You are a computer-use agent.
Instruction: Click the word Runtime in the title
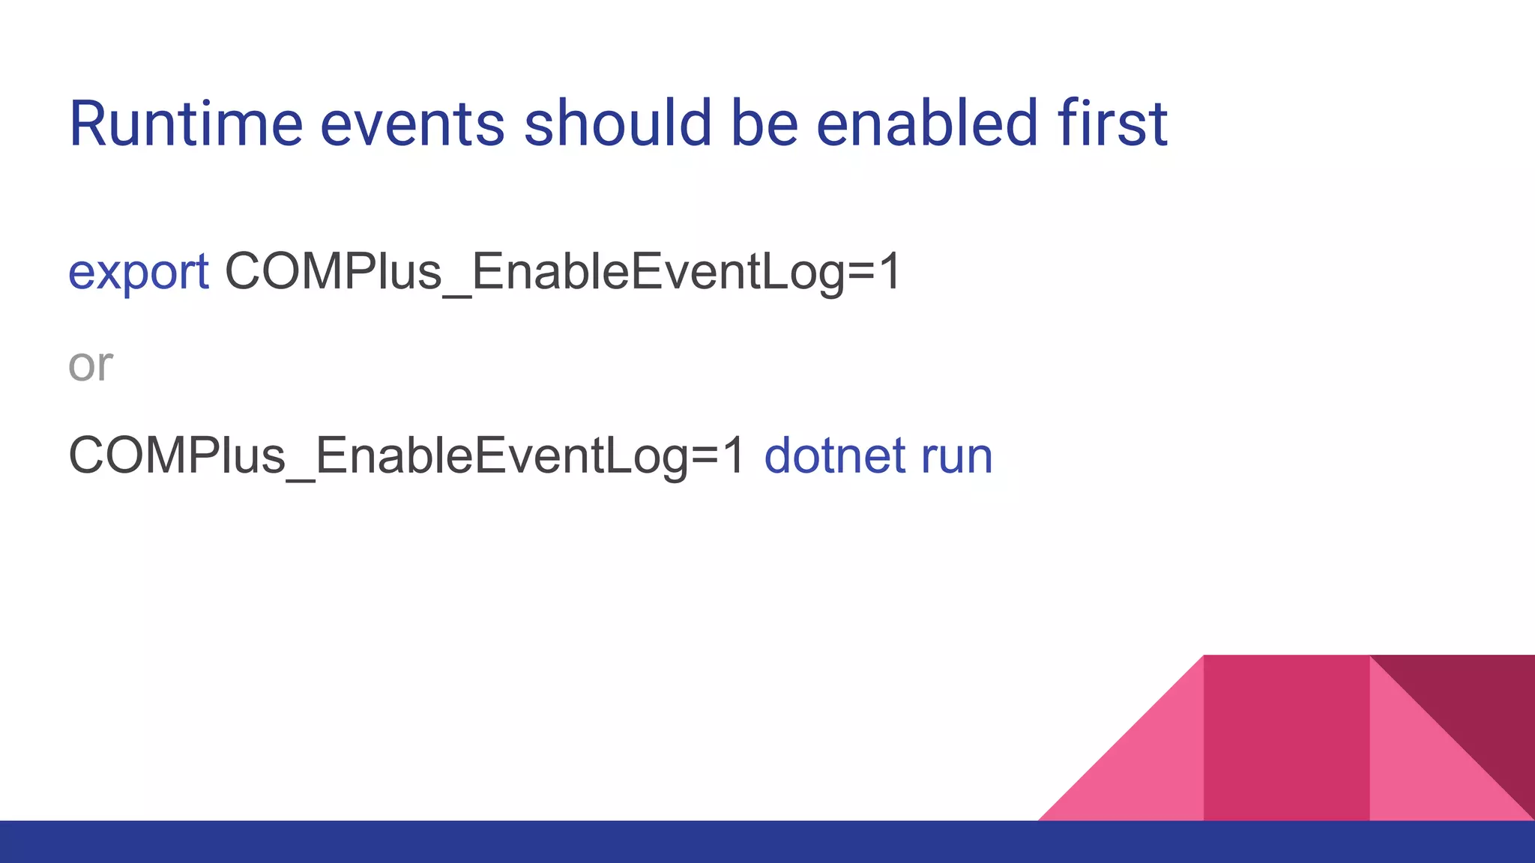click(x=185, y=124)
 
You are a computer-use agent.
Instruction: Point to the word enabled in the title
click(x=926, y=124)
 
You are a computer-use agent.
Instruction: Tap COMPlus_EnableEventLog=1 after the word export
click(x=562, y=271)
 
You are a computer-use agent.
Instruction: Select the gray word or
click(x=90, y=366)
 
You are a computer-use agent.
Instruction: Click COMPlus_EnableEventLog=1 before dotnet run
click(x=406, y=455)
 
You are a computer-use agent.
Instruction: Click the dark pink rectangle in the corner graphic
click(x=1286, y=738)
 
